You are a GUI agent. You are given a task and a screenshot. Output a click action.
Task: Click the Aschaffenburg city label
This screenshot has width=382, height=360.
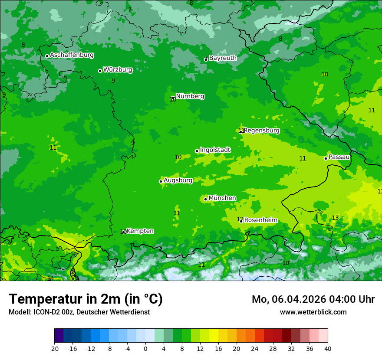point(72,55)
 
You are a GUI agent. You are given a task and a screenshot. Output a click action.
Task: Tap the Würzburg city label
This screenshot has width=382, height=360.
point(118,69)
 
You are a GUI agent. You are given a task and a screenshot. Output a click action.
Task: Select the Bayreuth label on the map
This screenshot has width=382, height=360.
point(223,58)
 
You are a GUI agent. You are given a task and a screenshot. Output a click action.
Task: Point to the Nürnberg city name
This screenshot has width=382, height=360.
point(190,96)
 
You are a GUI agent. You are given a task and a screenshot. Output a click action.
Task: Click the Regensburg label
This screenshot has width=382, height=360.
point(261,130)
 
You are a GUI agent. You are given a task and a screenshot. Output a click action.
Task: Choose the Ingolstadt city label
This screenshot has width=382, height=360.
point(215,150)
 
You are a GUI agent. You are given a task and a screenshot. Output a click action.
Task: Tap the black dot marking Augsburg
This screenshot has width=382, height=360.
point(161,181)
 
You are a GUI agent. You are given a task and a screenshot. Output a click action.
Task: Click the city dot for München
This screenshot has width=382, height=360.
point(205,199)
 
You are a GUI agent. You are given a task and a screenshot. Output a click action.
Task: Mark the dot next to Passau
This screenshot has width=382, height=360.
point(326,158)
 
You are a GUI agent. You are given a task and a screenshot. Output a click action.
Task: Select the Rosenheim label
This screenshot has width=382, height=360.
point(260,220)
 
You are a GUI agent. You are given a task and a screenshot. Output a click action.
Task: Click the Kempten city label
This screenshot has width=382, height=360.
point(140,231)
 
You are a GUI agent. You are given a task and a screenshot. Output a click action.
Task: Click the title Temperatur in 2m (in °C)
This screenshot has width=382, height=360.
point(86,299)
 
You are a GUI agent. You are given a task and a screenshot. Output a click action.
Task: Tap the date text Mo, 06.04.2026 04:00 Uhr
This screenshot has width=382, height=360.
point(313,299)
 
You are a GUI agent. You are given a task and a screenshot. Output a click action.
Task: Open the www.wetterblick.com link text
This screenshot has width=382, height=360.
point(313,312)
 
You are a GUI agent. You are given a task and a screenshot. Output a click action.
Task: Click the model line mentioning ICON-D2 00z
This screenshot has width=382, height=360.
point(79,312)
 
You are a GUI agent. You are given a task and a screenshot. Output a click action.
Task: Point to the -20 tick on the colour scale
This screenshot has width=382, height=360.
point(54,349)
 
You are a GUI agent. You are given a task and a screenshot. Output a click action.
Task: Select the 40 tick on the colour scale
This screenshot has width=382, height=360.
point(328,349)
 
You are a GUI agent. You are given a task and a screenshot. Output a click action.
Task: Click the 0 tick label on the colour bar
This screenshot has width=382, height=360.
point(145,349)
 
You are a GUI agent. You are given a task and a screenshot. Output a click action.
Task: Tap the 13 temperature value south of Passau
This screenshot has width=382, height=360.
point(335,218)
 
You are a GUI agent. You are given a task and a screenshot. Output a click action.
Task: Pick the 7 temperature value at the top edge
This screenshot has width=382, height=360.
point(130,9)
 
